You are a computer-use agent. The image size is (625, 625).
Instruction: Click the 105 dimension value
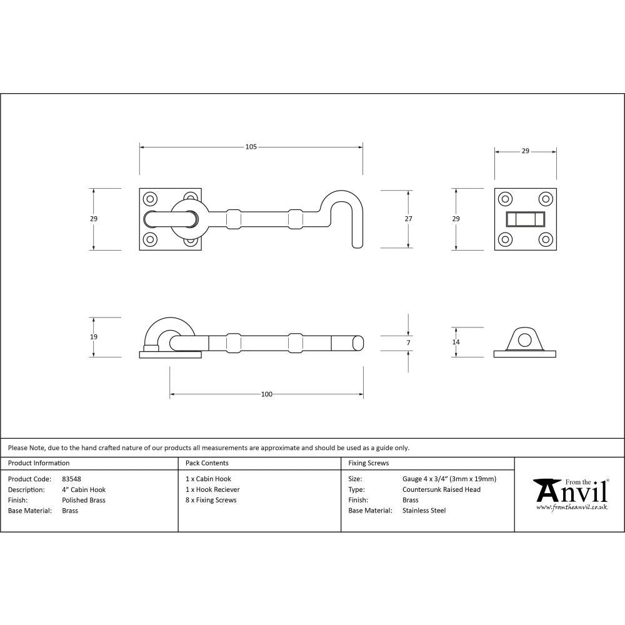click(251, 147)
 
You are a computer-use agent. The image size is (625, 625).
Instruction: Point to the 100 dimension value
click(267, 394)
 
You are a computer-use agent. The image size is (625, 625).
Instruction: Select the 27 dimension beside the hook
click(409, 219)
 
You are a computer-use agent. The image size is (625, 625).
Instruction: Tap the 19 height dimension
click(94, 337)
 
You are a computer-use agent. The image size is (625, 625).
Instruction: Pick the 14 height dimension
click(456, 342)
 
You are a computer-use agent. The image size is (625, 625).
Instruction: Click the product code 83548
click(71, 479)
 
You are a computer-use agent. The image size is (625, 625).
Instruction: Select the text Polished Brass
click(84, 500)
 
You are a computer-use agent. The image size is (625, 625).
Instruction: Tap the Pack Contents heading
click(207, 463)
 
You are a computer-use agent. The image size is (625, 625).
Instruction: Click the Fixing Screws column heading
click(368, 463)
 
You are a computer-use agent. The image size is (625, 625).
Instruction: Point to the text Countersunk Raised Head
click(441, 490)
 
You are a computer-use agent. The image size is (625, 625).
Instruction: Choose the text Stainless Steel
click(424, 511)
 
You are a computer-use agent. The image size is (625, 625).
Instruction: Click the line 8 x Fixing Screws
click(211, 500)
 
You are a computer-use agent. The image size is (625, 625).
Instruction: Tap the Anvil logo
click(570, 492)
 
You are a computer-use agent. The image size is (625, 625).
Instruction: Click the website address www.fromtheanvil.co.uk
click(572, 507)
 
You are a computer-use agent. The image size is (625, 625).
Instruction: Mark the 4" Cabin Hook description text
click(84, 490)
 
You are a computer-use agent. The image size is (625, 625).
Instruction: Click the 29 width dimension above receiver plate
click(525, 151)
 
